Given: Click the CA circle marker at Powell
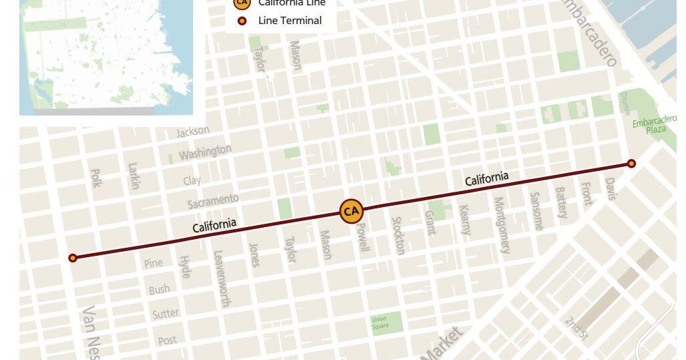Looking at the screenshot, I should [x=351, y=212].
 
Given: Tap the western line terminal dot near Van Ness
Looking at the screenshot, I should [x=73, y=258].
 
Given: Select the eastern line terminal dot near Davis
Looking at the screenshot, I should [x=631, y=164].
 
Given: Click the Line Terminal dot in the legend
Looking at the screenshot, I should [x=242, y=21].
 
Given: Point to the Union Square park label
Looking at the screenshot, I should [x=379, y=323].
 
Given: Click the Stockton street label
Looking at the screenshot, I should [x=399, y=235].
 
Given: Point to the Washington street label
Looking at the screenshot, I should [x=205, y=152].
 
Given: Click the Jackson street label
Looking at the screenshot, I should [x=192, y=132].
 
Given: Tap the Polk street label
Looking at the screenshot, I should [x=95, y=178].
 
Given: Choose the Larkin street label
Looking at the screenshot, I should [x=134, y=176].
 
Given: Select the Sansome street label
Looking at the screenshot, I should [x=536, y=210].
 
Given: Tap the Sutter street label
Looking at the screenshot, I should [x=164, y=313].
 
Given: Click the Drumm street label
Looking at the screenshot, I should [x=625, y=102].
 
